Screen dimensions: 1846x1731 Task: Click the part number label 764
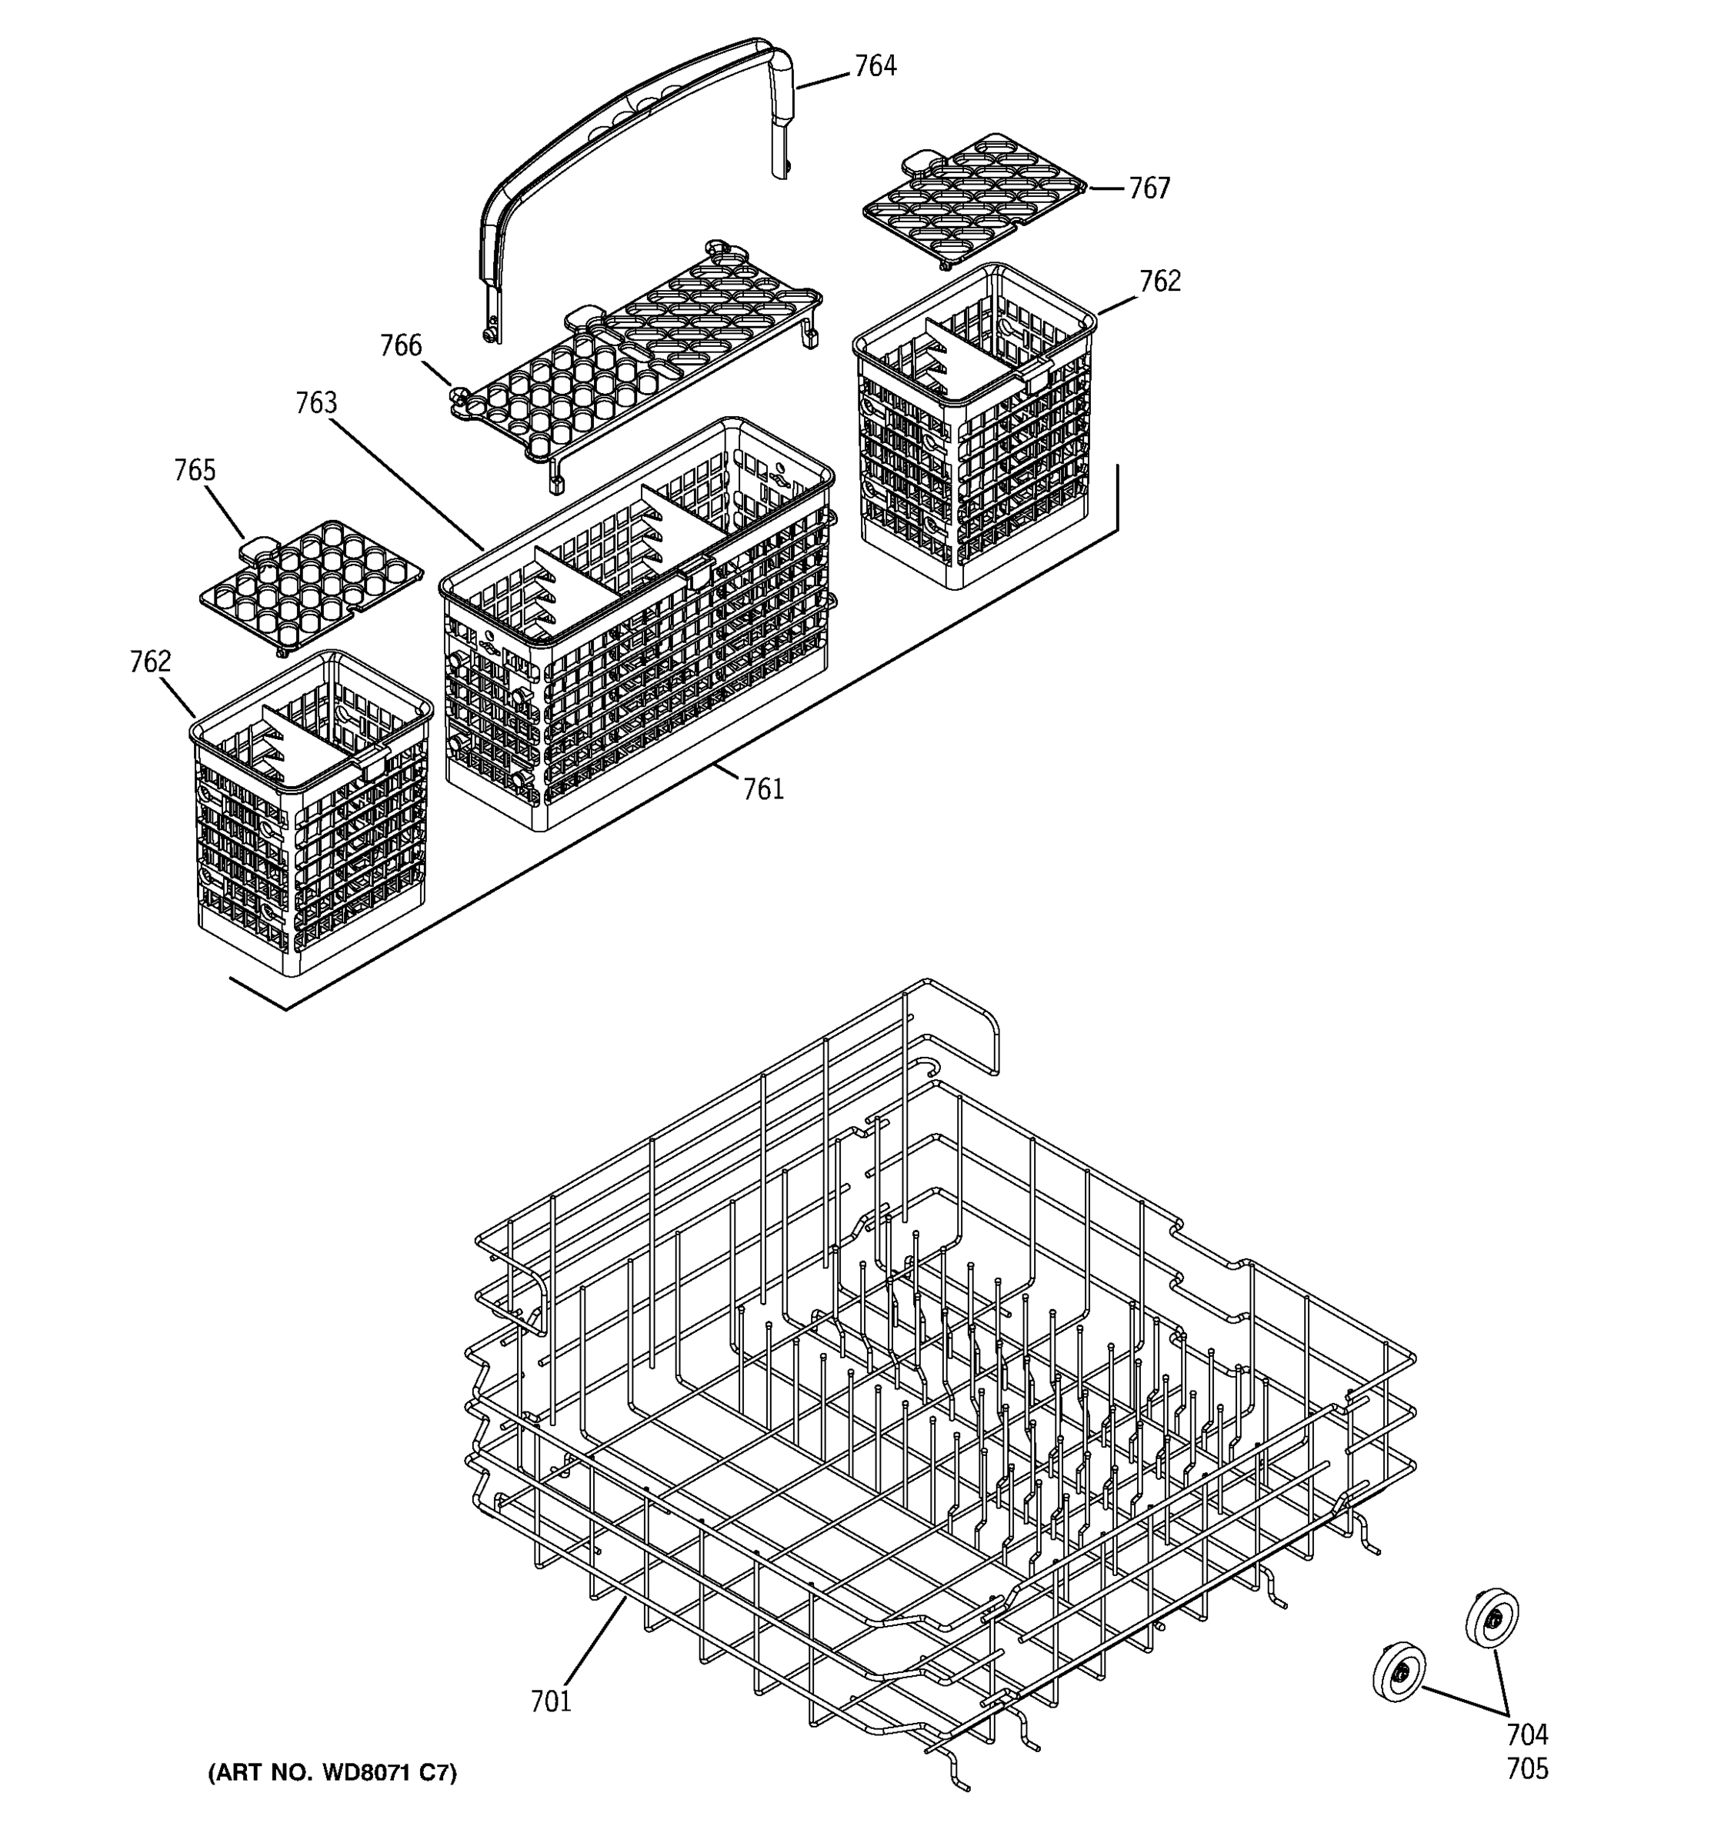pyautogui.click(x=875, y=66)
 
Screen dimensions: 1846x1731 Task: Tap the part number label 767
pyautogui.click(x=1149, y=188)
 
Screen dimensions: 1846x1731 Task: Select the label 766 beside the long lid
pyautogui.click(x=400, y=345)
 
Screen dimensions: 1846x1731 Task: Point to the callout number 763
pyautogui.click(x=315, y=403)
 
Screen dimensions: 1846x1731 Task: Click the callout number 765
pyautogui.click(x=194, y=471)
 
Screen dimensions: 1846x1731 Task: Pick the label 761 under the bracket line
pyautogui.click(x=762, y=789)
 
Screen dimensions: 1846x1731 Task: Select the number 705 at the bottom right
pyautogui.click(x=1526, y=1770)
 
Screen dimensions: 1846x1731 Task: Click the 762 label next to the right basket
pyautogui.click(x=1160, y=282)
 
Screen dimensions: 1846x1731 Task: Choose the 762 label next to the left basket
pyautogui.click(x=151, y=662)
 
